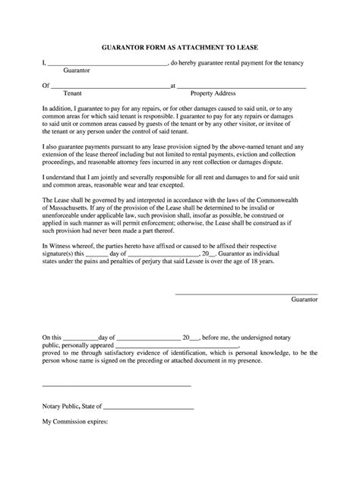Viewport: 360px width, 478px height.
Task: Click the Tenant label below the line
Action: (73, 94)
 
